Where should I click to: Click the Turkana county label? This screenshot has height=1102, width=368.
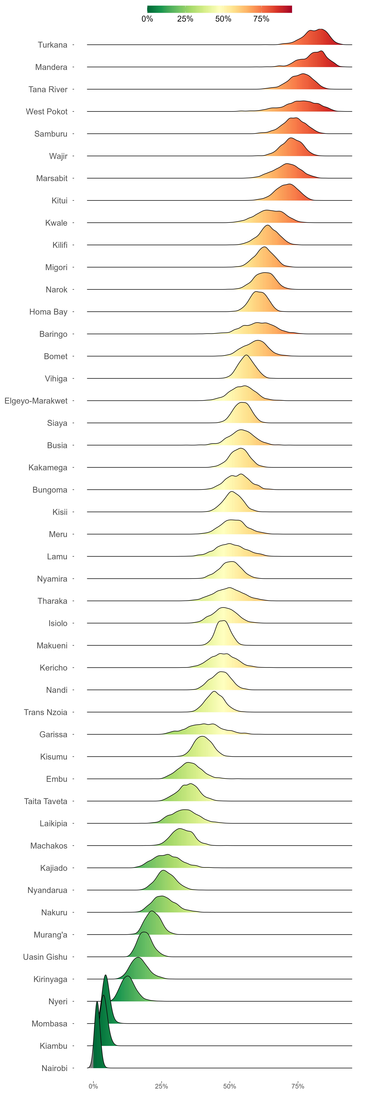pyautogui.click(x=52, y=45)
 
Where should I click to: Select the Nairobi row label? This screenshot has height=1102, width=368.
pyautogui.click(x=54, y=1068)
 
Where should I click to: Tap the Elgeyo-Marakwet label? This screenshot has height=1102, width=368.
pyautogui.click(x=36, y=401)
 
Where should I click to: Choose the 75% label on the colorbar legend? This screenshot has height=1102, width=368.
pyautogui.click(x=261, y=19)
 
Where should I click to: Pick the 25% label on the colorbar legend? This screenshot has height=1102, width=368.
pyautogui.click(x=185, y=19)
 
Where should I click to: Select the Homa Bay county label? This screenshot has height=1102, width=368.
pyautogui.click(x=48, y=312)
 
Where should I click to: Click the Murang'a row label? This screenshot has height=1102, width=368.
pyautogui.click(x=51, y=935)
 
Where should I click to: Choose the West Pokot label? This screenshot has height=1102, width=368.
pyautogui.click(x=47, y=112)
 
